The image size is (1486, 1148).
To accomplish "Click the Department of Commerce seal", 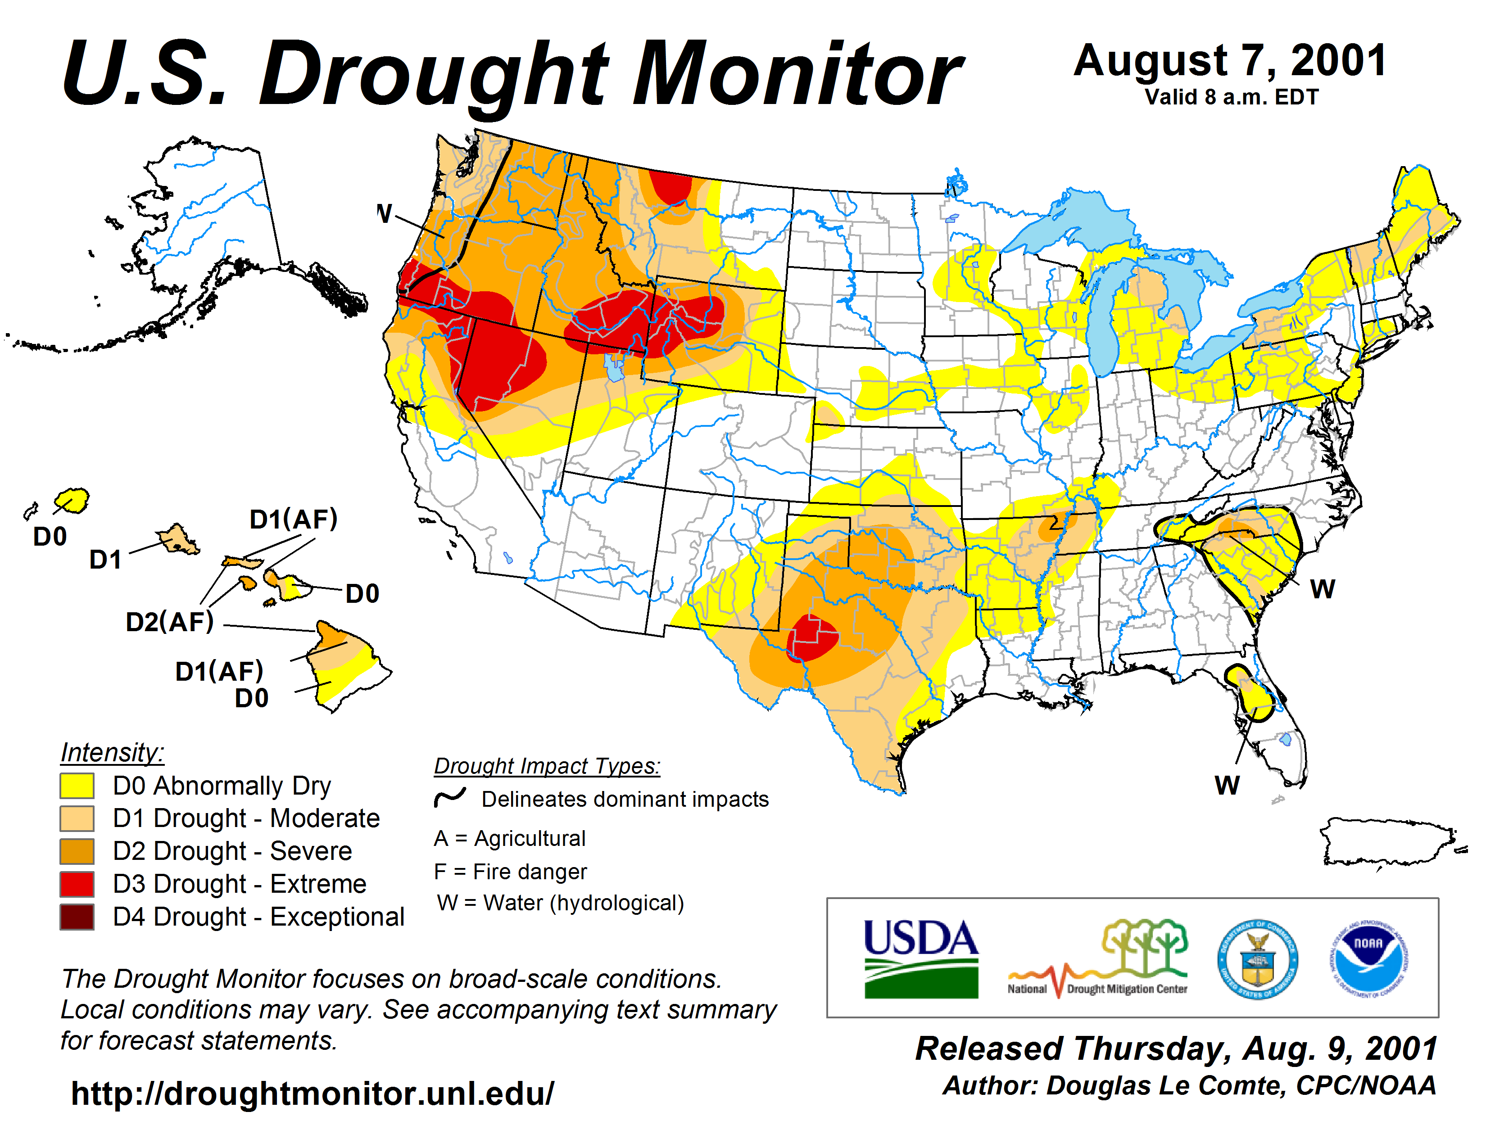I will point(1257,959).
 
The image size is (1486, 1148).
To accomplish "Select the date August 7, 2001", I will point(1230,61).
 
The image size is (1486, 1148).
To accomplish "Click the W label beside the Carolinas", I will point(1322,589).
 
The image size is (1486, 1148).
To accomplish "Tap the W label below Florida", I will point(1227,786).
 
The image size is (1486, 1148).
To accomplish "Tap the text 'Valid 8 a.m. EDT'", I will point(1232,97).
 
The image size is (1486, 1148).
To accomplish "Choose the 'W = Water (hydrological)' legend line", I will point(560,903).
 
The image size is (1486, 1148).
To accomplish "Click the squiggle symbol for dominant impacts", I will point(450,797).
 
